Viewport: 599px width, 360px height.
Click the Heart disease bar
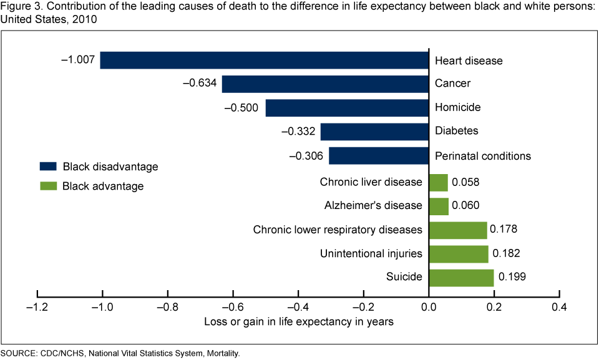point(265,61)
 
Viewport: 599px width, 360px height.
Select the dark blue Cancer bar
point(325,84)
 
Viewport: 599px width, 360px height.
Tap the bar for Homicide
point(347,107)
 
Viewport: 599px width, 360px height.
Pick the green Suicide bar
point(461,278)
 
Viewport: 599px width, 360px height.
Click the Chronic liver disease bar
point(439,183)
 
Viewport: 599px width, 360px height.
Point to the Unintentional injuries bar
point(459,254)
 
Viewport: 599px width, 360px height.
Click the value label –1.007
point(78,61)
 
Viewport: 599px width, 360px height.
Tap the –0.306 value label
point(306,155)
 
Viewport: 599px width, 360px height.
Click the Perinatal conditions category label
point(482,155)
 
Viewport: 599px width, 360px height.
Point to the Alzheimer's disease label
point(373,206)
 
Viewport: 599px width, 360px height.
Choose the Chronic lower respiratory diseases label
point(338,230)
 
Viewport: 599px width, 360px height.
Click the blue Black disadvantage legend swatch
point(49,167)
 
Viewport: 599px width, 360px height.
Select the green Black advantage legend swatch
point(49,186)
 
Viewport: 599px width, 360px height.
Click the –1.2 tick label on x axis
point(37,308)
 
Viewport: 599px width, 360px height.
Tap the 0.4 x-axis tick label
point(560,308)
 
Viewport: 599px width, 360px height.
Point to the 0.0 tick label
point(429,308)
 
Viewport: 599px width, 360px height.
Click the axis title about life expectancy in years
point(299,322)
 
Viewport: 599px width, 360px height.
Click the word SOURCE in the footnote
point(19,354)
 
